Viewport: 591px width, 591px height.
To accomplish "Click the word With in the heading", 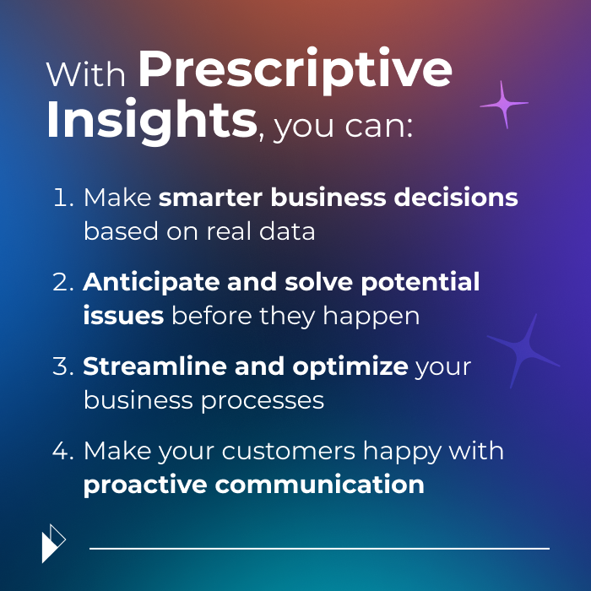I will (85, 75).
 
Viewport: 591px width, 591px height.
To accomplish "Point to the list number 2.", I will (63, 283).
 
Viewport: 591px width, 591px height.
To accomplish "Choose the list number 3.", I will (63, 367).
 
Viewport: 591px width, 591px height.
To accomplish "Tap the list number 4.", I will (63, 451).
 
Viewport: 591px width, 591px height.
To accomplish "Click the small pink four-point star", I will (504, 106).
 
